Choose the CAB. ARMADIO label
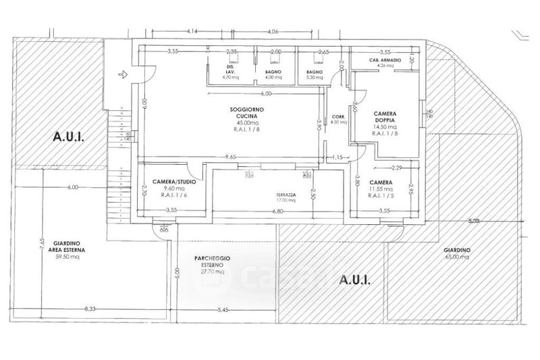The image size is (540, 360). (385, 61)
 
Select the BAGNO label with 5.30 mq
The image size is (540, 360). (314, 72)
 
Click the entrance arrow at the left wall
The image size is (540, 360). (122, 74)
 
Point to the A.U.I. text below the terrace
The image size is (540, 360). (352, 278)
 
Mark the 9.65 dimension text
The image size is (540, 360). (231, 157)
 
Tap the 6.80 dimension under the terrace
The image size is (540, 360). (278, 211)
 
